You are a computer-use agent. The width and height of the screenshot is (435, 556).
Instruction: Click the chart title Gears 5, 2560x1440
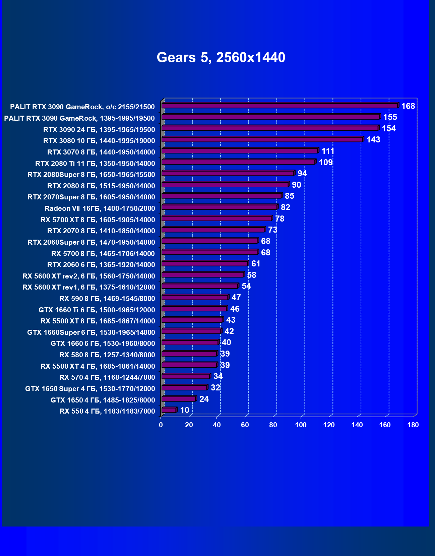pyautogui.click(x=221, y=57)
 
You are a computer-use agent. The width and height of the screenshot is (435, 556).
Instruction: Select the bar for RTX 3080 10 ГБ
pyautogui.click(x=262, y=139)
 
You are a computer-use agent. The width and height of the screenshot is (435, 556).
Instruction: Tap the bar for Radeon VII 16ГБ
pyautogui.click(x=220, y=207)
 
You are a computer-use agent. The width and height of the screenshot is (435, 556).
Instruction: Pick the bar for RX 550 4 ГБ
pyautogui.click(x=169, y=410)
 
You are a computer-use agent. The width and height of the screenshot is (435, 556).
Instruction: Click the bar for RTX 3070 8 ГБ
pyautogui.click(x=240, y=151)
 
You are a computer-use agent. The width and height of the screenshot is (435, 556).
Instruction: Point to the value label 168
pyautogui.click(x=408, y=106)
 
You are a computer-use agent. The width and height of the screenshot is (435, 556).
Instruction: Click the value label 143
pyautogui.click(x=373, y=140)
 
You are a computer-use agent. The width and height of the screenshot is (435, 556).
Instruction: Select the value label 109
pyautogui.click(x=325, y=163)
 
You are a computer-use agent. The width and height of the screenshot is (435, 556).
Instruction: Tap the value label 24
pyautogui.click(x=204, y=399)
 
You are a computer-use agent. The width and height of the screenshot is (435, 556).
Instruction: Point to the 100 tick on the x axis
pyautogui.click(x=301, y=425)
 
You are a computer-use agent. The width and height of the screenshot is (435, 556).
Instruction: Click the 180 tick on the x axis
pyautogui.click(x=413, y=425)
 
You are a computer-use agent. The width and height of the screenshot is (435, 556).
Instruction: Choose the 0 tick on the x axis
pyautogui.click(x=161, y=425)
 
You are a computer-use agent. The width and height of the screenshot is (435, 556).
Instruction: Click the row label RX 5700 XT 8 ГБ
pyautogui.click(x=98, y=220)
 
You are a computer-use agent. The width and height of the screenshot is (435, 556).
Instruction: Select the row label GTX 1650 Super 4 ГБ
pyautogui.click(x=90, y=389)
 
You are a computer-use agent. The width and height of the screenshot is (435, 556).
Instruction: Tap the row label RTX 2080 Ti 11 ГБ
pyautogui.click(x=95, y=164)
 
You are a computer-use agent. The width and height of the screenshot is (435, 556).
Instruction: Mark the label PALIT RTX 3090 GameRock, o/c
pyautogui.click(x=82, y=107)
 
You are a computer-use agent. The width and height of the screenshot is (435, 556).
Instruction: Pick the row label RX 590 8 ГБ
pyautogui.click(x=107, y=299)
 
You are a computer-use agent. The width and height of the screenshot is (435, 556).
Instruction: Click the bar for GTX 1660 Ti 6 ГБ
pyautogui.click(x=194, y=309)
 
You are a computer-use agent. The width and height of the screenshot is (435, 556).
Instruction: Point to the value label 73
pyautogui.click(x=272, y=230)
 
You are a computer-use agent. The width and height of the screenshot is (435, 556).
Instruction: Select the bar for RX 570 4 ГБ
pyautogui.click(x=186, y=376)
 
